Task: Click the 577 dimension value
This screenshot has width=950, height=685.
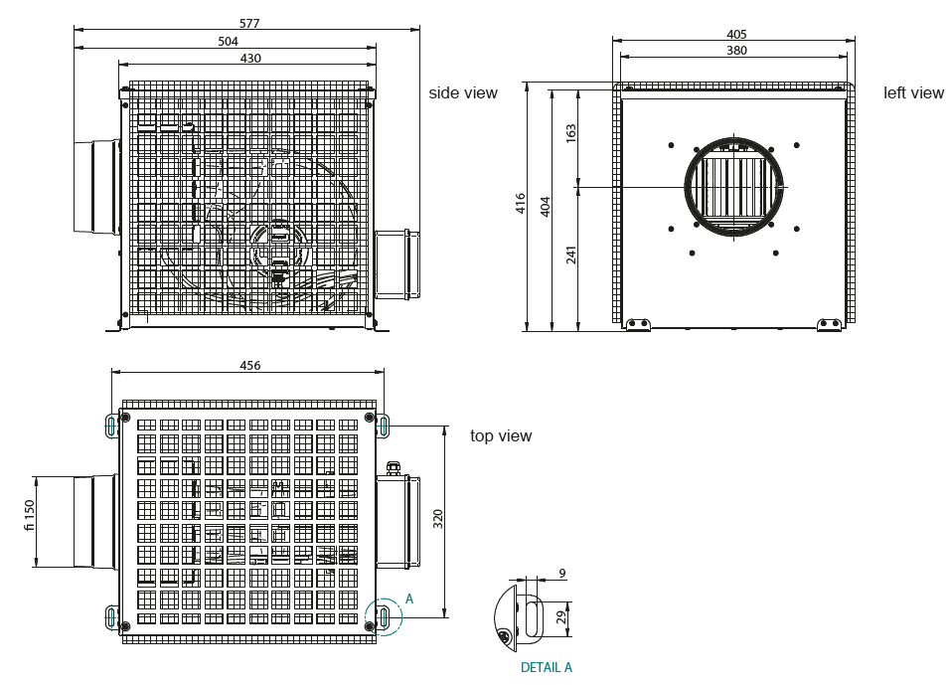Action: click(250, 23)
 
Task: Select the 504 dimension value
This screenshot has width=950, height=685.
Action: click(228, 41)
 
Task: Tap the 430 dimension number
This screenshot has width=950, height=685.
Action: click(250, 59)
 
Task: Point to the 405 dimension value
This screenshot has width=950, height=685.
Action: click(736, 34)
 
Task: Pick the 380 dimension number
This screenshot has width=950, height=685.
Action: click(736, 51)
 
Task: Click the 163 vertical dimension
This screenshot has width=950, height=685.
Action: click(571, 133)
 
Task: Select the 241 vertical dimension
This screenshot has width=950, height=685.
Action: click(571, 255)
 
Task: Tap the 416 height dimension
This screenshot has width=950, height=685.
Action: click(521, 204)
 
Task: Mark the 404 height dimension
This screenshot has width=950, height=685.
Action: click(545, 207)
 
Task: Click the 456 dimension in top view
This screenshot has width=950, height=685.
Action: click(250, 366)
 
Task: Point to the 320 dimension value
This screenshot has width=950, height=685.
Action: click(438, 518)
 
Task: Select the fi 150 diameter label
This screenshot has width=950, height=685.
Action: click(29, 515)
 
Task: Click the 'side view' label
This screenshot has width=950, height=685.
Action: click(463, 92)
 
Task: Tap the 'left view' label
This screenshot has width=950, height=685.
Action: click(913, 92)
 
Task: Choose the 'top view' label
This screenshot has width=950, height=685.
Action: click(501, 435)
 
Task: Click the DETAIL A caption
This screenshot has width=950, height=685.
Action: click(546, 667)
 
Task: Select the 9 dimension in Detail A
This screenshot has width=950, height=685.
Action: click(561, 574)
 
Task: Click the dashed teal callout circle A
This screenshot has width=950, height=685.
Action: click(383, 616)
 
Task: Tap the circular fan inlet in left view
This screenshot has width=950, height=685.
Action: click(735, 186)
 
